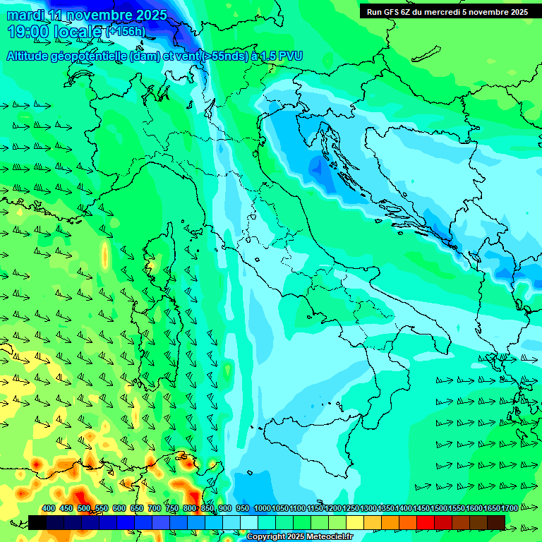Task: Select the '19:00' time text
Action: point(28,32)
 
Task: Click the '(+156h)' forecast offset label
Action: point(126,32)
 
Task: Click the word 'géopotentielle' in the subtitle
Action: point(89,56)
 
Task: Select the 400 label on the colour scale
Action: point(49,509)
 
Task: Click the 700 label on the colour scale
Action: point(155,509)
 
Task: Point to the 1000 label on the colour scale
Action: point(262,509)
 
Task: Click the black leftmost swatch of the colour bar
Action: point(37,522)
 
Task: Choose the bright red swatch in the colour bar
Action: point(426,522)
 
